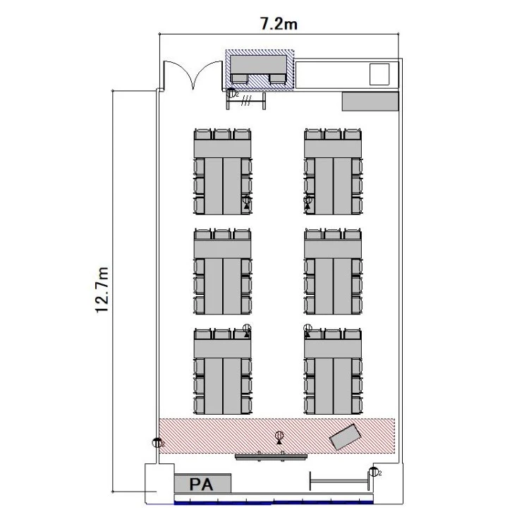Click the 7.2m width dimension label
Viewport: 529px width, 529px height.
[x=279, y=23]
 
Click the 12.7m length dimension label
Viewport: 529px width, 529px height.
[x=102, y=290]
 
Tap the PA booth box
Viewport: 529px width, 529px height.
[x=202, y=484]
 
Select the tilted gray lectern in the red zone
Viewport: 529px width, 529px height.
[x=346, y=437]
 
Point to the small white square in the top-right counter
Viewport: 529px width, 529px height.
[x=379, y=74]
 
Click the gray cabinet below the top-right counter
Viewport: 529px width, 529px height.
[x=370, y=101]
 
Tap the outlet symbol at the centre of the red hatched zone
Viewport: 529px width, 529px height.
[x=279, y=437]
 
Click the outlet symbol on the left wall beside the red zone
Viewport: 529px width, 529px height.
[x=157, y=442]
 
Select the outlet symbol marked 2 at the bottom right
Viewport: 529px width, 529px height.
[x=373, y=472]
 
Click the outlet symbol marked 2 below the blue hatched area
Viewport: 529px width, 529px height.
[x=231, y=93]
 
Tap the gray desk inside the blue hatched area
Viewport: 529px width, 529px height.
[x=258, y=65]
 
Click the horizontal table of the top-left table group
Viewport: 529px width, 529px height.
[x=222, y=148]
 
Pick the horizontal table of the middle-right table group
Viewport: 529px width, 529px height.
[x=333, y=249]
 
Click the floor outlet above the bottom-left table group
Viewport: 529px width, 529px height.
[x=247, y=330]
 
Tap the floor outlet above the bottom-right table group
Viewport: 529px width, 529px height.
[x=308, y=330]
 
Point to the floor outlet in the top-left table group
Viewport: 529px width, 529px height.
[x=247, y=202]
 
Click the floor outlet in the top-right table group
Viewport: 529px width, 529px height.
[x=308, y=202]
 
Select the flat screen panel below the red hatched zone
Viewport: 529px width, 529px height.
[x=272, y=457]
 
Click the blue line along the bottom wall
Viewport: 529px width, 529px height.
[x=274, y=503]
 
